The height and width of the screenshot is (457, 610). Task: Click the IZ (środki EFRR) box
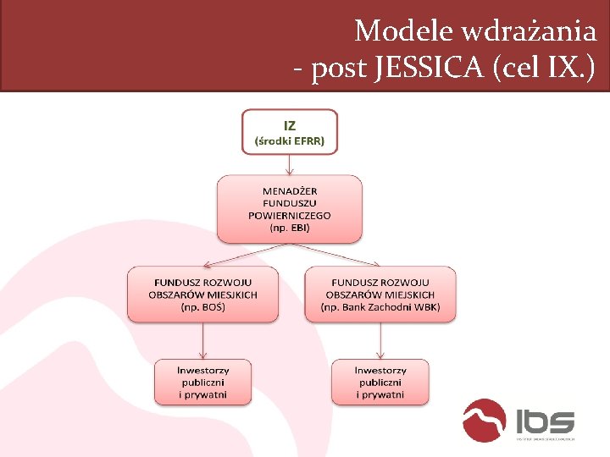pos(290,131)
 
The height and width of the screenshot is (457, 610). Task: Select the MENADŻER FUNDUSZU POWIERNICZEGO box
pos(290,209)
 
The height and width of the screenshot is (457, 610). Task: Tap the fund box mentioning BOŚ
pos(202,295)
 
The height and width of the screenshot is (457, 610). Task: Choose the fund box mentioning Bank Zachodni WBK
pos(380,295)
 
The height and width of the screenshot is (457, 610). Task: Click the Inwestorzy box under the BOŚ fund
pos(202,383)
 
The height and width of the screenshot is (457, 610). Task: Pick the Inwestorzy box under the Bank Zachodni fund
pos(380,383)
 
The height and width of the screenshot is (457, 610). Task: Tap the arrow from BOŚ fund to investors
pos(202,340)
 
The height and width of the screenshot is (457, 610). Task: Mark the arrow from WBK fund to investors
pos(380,340)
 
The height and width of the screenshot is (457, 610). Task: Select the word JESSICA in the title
pos(433,69)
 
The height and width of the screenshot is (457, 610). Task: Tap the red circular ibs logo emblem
pos(485,421)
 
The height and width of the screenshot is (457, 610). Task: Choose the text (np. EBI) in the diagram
pos(290,228)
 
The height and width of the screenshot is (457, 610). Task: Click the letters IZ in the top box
pos(290,124)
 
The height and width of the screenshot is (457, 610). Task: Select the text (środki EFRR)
pos(290,140)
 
